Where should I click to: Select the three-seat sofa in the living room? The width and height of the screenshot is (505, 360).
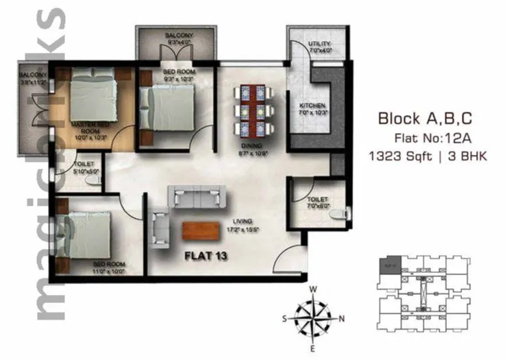(x=198, y=197)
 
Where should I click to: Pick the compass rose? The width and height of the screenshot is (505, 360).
(x=313, y=318)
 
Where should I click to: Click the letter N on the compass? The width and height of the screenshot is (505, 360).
(x=341, y=318)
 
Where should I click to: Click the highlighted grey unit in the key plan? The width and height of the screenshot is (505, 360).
(x=389, y=263)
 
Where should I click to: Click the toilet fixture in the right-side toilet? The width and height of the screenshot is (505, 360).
(x=333, y=214)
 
